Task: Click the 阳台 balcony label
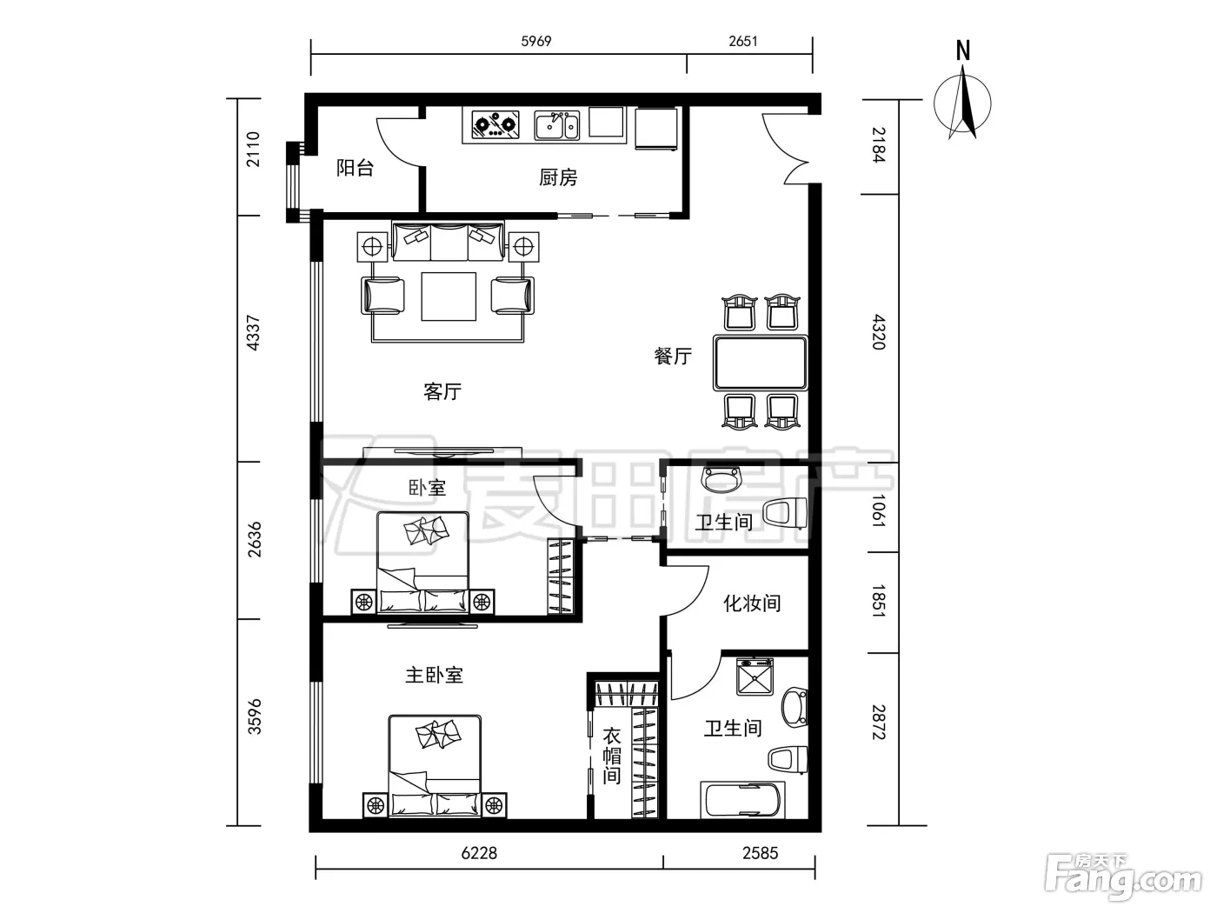pyautogui.click(x=355, y=168)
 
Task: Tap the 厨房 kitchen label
pyautogui.click(x=558, y=177)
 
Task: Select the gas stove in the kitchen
pyautogui.click(x=495, y=124)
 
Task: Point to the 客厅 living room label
pyautogui.click(x=442, y=391)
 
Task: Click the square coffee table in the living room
pyautogui.click(x=449, y=296)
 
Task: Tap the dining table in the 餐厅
pyautogui.click(x=760, y=363)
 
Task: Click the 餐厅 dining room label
pyautogui.click(x=673, y=356)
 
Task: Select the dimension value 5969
pyautogui.click(x=536, y=41)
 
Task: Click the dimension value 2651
pyautogui.click(x=743, y=41)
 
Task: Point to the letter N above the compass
pyautogui.click(x=963, y=50)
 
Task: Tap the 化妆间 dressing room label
pyautogui.click(x=752, y=603)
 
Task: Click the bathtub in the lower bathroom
pyautogui.click(x=743, y=800)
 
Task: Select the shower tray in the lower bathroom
pyautogui.click(x=755, y=676)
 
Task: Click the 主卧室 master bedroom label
pyautogui.click(x=434, y=676)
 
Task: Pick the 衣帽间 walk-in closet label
pyautogui.click(x=612, y=756)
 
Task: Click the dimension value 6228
pyautogui.click(x=479, y=853)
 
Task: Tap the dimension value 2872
pyautogui.click(x=879, y=723)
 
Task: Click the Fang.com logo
pyautogui.click(x=1123, y=878)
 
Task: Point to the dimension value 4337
pyautogui.click(x=253, y=333)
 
